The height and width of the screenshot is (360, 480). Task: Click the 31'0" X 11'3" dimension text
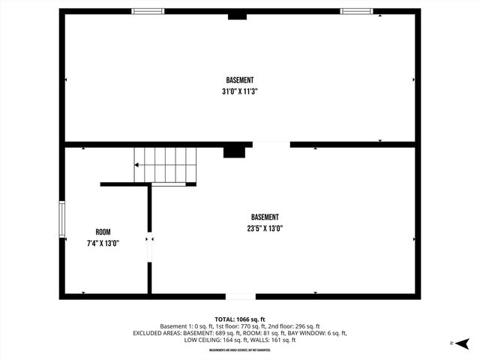pos(240,91)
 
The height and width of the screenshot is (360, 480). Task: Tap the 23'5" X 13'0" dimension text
pos(265,229)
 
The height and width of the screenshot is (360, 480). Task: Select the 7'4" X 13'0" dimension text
pos(103,243)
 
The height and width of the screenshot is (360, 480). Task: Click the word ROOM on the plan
pos(103,232)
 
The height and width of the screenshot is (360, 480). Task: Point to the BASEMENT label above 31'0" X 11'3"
pos(240,80)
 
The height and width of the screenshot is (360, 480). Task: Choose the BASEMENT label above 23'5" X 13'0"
pos(265,217)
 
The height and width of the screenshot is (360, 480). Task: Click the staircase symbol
pos(165,165)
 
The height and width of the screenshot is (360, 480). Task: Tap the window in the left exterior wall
pos(62,219)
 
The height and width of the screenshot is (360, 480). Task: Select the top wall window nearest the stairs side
pos(148,11)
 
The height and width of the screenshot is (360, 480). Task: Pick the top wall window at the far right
pos(355,11)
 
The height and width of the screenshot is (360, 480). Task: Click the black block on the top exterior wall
pos(237,16)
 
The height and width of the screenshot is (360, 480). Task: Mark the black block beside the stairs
pos(234,151)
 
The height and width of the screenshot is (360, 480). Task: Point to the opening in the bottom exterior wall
pos(241,296)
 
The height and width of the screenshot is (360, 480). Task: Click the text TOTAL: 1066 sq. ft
pos(240,319)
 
